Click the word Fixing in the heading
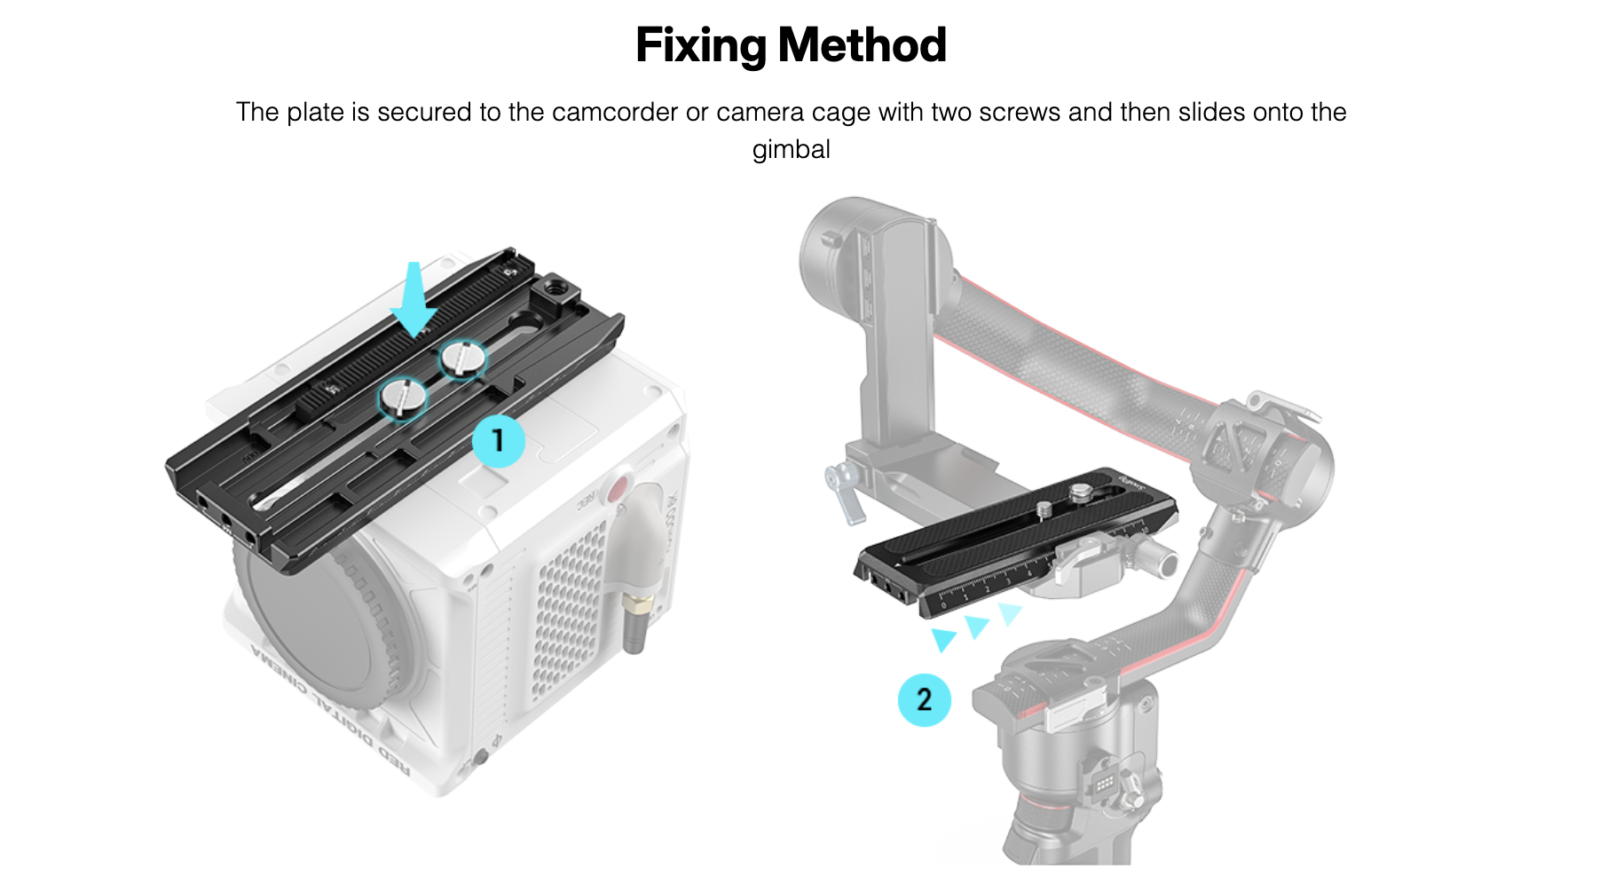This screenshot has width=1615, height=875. pyautogui.click(x=701, y=46)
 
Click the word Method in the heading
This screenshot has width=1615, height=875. pyautogui.click(x=863, y=46)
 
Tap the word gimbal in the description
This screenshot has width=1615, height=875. pyautogui.click(x=791, y=149)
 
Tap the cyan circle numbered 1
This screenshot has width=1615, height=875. pyautogui.click(x=498, y=440)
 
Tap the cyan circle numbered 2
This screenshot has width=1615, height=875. pyautogui.click(x=924, y=699)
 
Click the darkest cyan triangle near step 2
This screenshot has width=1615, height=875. pyautogui.click(x=943, y=639)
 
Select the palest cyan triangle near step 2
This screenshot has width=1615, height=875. pyautogui.click(x=1009, y=612)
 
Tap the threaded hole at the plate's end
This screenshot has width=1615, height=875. pyautogui.click(x=561, y=287)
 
